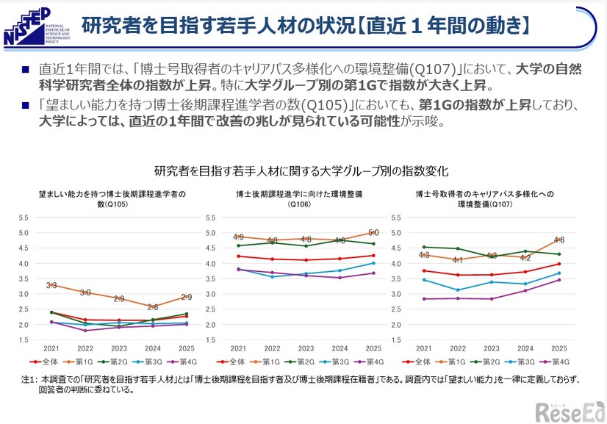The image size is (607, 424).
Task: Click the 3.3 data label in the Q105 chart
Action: point(51,285)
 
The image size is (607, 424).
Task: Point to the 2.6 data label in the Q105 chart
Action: point(152,307)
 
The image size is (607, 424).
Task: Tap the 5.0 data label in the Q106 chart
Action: point(373,233)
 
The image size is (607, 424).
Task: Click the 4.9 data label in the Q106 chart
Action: point(238,237)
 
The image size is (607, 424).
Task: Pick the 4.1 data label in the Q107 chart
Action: point(457,259)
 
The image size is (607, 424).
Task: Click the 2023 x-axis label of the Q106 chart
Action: point(305,348)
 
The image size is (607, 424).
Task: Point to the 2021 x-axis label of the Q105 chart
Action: point(51,348)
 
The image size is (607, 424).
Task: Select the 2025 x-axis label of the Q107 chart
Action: point(558,348)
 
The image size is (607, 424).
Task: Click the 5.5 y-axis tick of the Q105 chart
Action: point(23,218)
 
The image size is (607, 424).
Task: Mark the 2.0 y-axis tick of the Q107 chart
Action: point(396,324)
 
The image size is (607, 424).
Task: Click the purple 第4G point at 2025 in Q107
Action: point(558,280)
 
